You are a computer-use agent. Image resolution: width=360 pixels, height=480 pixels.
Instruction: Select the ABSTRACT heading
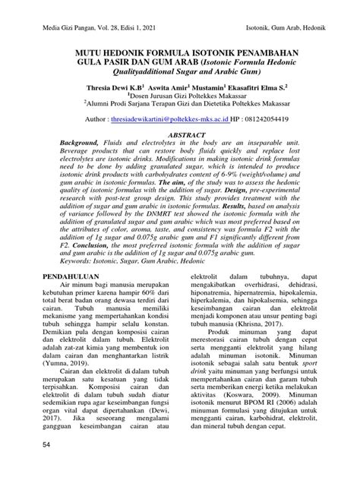point(179,133)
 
